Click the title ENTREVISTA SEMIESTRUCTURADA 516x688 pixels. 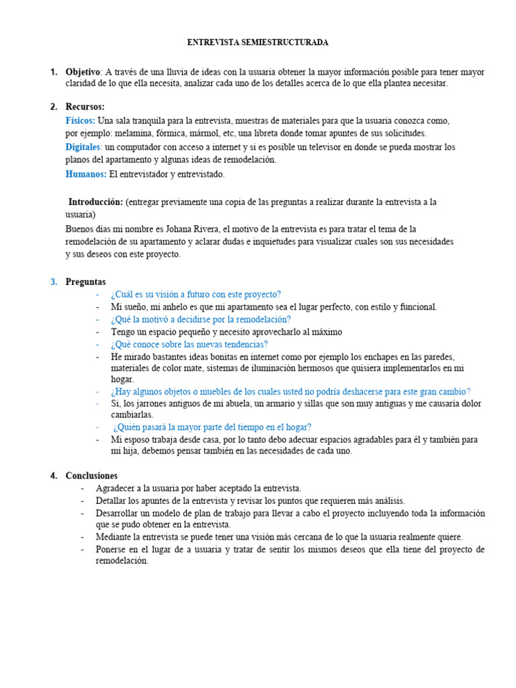257,42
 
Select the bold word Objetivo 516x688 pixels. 83,72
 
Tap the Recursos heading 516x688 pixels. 85,107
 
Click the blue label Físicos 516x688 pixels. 80,121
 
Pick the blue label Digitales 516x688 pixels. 83,147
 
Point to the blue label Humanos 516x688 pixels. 85,174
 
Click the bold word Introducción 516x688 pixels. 95,202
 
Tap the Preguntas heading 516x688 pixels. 85,282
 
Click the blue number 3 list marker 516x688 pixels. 54,282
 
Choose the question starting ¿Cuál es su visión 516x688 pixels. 196,294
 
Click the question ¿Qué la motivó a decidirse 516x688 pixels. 201,319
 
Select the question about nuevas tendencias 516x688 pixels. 189,344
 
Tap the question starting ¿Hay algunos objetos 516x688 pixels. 290,392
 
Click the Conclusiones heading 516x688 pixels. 91,476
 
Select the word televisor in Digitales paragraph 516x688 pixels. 319,147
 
